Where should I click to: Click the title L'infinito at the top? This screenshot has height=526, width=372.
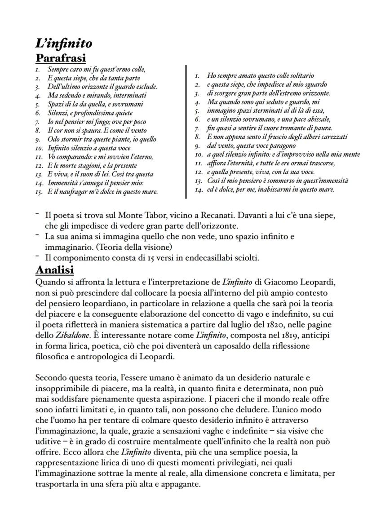coord(64,43)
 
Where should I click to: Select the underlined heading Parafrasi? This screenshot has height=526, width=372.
coord(61,58)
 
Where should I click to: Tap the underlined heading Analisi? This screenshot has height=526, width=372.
coord(54,270)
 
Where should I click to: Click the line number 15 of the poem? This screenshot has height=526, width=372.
coord(39,192)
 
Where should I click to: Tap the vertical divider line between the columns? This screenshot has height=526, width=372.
coord(186,131)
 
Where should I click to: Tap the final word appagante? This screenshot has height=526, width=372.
coord(178,484)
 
